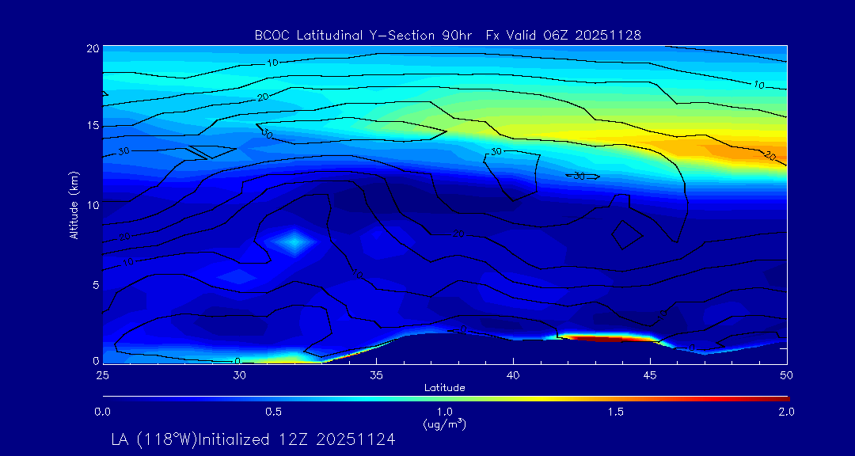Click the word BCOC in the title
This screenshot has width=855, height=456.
pyautogui.click(x=269, y=35)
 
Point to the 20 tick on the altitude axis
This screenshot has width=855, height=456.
pyautogui.click(x=92, y=48)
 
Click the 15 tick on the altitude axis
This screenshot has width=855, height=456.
pyautogui.click(x=92, y=126)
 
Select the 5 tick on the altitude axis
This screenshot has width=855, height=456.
pyautogui.click(x=94, y=284)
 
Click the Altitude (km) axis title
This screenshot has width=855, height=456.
pyautogui.click(x=74, y=204)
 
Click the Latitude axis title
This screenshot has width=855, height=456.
pyautogui.click(x=445, y=387)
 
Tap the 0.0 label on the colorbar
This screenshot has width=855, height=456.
pyautogui.click(x=103, y=412)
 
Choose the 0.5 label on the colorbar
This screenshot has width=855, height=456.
pyautogui.click(x=274, y=412)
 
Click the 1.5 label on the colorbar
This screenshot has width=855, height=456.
pyautogui.click(x=616, y=412)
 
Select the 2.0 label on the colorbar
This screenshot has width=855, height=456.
pyautogui.click(x=787, y=412)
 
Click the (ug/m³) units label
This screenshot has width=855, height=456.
pyautogui.click(x=445, y=424)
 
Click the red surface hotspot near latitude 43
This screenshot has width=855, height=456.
pyautogui.click(x=610, y=338)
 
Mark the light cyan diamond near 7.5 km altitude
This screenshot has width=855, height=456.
pyautogui.click(x=294, y=241)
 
